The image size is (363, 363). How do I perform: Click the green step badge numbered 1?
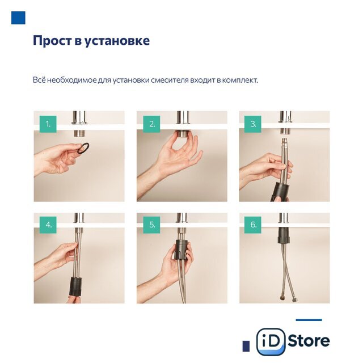click(48, 124)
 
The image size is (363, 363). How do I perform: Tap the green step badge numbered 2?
click(151, 124)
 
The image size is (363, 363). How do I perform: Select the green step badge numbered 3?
click(253, 124)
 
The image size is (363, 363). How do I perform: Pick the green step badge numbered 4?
click(48, 225)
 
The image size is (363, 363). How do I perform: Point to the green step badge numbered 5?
click(151, 225)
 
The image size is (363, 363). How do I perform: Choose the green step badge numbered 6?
click(253, 225)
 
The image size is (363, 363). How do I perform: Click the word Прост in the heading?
click(52, 40)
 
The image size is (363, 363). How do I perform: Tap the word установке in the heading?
click(117, 41)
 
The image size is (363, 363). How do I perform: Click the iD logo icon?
click(271, 341)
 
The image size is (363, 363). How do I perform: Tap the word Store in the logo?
click(309, 341)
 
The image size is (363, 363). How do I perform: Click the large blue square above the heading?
click(18, 18)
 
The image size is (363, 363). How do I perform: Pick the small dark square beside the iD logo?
click(246, 346)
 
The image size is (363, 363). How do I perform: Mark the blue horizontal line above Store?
click(309, 320)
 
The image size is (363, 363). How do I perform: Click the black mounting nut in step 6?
click(284, 235)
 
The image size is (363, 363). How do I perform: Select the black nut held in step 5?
click(182, 250)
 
